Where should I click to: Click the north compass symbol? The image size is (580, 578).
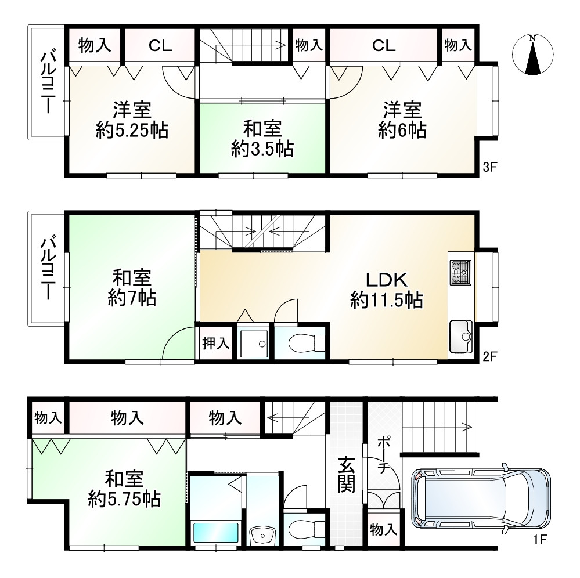(x=532, y=55)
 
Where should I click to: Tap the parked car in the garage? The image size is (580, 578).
(x=480, y=497)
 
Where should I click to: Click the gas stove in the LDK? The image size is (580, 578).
(x=462, y=272)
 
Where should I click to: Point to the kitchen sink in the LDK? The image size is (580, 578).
(x=462, y=337)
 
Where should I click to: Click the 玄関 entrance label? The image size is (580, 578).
(x=347, y=475)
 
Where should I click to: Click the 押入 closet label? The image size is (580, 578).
(x=215, y=343)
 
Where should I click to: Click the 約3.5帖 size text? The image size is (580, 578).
(x=262, y=149)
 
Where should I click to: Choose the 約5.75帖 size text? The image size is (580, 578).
(x=125, y=498)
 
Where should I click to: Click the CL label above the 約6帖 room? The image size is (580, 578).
(x=384, y=46)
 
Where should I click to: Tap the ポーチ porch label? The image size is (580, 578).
(x=383, y=455)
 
